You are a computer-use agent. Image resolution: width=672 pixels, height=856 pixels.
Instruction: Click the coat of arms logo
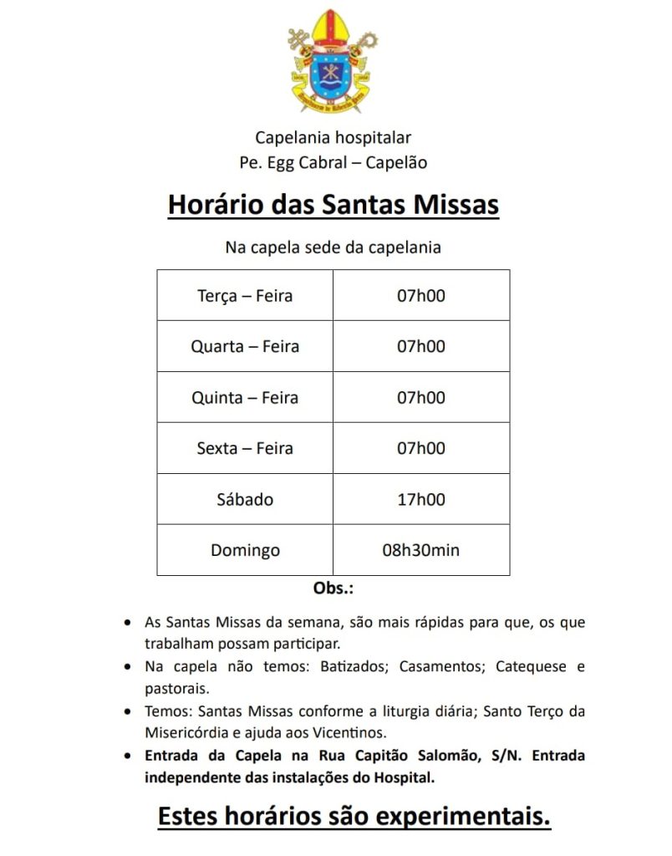(x=329, y=63)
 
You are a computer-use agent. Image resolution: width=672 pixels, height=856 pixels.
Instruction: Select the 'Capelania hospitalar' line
(x=333, y=137)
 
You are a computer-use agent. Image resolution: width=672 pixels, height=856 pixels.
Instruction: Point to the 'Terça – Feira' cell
(x=245, y=296)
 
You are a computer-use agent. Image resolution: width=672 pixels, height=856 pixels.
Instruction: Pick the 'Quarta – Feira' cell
(x=245, y=346)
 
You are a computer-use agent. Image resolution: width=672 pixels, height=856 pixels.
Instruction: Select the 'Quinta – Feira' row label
(x=245, y=397)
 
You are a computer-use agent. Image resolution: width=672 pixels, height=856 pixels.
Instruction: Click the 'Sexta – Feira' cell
(x=245, y=448)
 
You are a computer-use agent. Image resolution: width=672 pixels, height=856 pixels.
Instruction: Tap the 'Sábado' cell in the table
(x=245, y=500)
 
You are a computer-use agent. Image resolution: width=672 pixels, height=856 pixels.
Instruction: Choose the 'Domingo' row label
(x=245, y=551)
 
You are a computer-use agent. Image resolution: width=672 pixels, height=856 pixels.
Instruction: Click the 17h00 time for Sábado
(x=421, y=500)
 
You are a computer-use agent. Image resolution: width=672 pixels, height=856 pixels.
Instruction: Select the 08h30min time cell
(x=421, y=551)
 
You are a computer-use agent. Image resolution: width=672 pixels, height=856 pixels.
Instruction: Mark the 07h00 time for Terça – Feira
(x=421, y=296)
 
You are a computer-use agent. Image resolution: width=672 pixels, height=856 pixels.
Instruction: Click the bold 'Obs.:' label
(x=333, y=588)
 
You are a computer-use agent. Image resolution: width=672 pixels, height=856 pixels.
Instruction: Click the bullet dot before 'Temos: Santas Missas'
(x=126, y=712)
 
